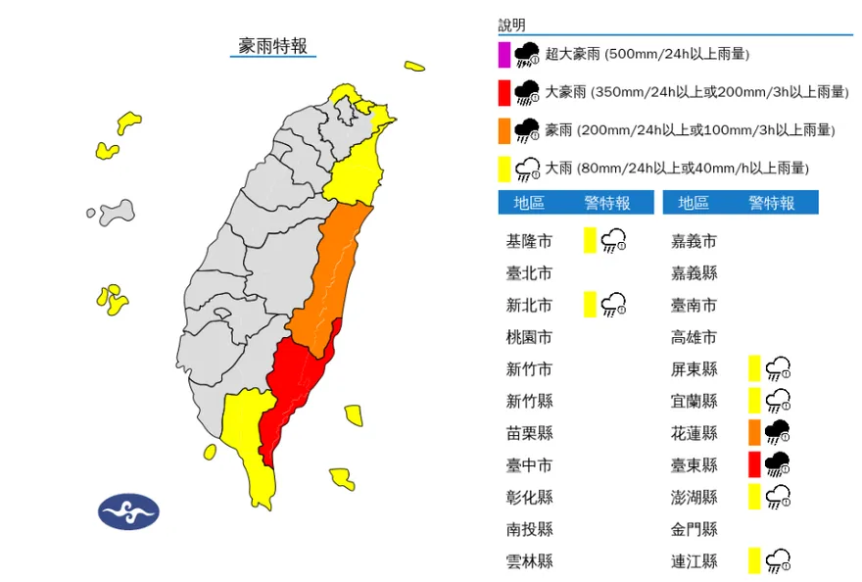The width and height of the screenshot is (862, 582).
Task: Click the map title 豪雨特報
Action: pyautogui.click(x=272, y=46)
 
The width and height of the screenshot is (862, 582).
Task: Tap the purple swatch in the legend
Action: pyautogui.click(x=503, y=54)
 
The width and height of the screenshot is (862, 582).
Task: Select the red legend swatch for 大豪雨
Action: pyautogui.click(x=503, y=92)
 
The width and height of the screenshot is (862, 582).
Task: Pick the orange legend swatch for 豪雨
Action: pyautogui.click(x=503, y=130)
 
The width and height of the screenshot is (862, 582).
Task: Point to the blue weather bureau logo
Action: pyautogui.click(x=128, y=510)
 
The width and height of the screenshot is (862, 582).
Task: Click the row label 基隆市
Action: pyautogui.click(x=529, y=241)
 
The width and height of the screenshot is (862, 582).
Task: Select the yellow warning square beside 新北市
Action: pyautogui.click(x=590, y=305)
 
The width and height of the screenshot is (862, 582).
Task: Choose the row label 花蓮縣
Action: pyautogui.click(x=694, y=433)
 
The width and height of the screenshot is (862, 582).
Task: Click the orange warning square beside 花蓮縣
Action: pyautogui.click(x=754, y=432)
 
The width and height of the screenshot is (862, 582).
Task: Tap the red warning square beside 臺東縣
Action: pyautogui.click(x=754, y=464)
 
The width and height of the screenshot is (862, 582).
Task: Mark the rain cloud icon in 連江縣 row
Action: pyautogui.click(x=779, y=560)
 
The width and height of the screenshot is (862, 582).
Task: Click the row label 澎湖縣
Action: pyautogui.click(x=694, y=497)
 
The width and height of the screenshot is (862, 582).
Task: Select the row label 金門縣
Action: pyautogui.click(x=694, y=529)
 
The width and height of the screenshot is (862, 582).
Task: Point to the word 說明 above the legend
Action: pyautogui.click(x=512, y=24)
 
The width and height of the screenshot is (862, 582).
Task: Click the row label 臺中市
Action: pyautogui.click(x=529, y=465)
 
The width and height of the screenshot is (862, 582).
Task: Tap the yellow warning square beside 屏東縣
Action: pyautogui.click(x=754, y=368)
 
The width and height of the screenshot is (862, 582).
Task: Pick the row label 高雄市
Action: pyautogui.click(x=694, y=337)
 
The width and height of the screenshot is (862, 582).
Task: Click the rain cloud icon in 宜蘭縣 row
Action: pyautogui.click(x=779, y=401)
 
